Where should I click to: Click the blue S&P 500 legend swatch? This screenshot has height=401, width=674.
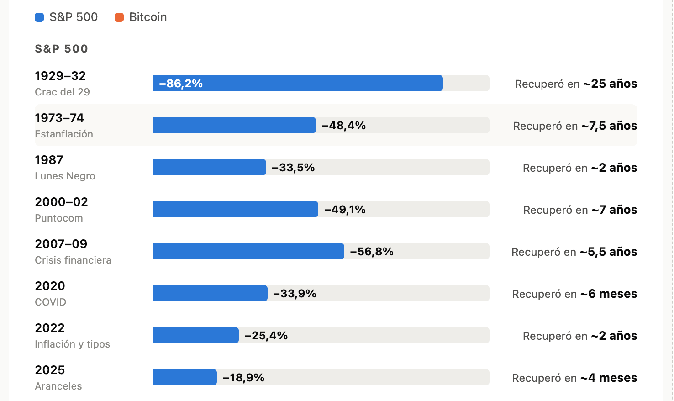pos(39,17)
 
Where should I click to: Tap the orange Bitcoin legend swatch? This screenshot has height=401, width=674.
pos(119,17)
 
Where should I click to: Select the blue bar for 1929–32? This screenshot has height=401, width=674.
pos(298,83)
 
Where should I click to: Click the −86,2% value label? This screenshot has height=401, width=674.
pos(181,84)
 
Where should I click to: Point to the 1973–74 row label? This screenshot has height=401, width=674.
pos(59,118)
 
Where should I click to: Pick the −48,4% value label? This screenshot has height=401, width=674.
pos(344,125)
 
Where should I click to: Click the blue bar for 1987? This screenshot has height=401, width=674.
pos(210,167)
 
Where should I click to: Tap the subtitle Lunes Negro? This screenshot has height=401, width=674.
pos(65,176)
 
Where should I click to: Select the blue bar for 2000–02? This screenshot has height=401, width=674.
pos(236,209)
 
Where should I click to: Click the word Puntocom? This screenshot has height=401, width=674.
pos(59,218)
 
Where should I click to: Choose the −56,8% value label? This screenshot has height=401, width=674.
pos(372,251)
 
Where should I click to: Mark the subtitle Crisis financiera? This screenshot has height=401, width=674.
pos(73,260)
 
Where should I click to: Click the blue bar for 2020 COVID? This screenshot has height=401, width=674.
pos(211,293)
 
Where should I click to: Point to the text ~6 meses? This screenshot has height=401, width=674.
pos(609,294)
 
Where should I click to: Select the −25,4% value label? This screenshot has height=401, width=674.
pos(266,335)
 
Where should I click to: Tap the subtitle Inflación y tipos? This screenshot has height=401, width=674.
pos(73,344)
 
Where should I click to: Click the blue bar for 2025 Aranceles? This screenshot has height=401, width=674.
pos(185,377)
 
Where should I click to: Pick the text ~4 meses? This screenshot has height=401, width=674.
pos(609,378)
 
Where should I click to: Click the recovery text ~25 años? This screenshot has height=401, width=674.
pos(610,84)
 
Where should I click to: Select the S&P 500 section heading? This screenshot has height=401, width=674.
pos(61,49)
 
